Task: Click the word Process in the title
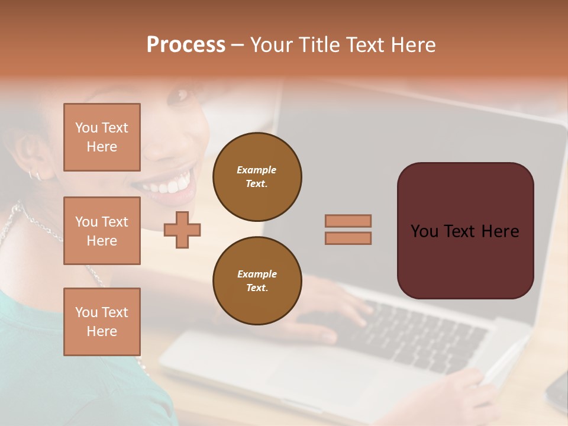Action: click(x=186, y=45)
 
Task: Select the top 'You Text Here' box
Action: click(x=102, y=137)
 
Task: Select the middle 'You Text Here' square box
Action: click(x=102, y=231)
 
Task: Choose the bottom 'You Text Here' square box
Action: click(x=102, y=322)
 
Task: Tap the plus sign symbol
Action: click(x=182, y=230)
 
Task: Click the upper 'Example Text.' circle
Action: click(x=257, y=177)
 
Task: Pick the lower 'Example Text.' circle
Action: click(x=257, y=281)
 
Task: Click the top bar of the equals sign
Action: click(x=348, y=221)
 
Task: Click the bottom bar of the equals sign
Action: click(x=348, y=238)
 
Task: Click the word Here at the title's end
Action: click(x=412, y=45)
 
